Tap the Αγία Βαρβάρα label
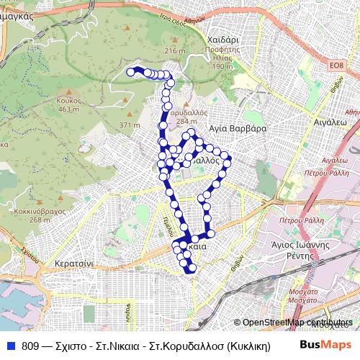(238, 128)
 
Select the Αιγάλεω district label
(330, 123)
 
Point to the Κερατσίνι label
(73, 265)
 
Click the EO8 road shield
(336, 66)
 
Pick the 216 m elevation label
(175, 51)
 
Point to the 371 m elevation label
(130, 125)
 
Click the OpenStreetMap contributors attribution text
(299, 323)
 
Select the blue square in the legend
(11, 346)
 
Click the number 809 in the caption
(30, 346)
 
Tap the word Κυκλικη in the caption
(247, 346)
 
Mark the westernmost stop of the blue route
(131, 71)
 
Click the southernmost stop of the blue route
(192, 270)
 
